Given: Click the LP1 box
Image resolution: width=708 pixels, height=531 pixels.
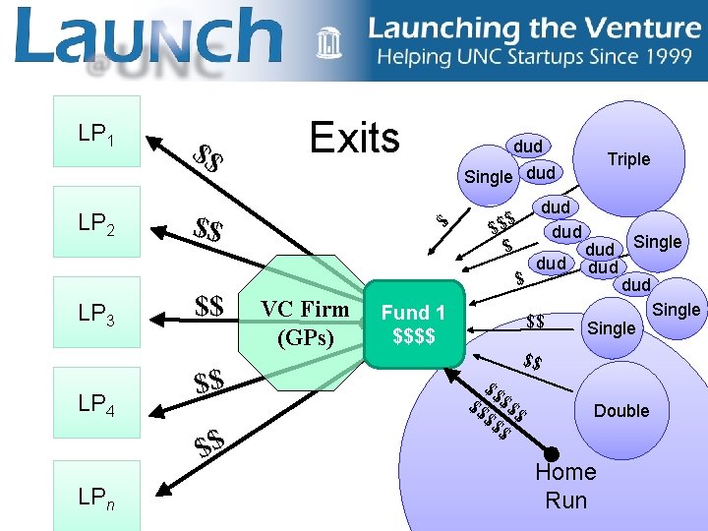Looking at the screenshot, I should tap(97, 131).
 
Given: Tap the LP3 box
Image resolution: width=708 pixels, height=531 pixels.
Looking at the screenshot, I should tap(97, 316).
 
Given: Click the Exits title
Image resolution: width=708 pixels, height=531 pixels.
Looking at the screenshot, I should tap(354, 139).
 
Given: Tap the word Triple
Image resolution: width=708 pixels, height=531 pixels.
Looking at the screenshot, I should tap(628, 159).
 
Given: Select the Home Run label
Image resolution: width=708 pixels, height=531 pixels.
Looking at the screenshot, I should tap(565, 487).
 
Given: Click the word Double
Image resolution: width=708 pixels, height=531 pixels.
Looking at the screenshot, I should tap(621, 410).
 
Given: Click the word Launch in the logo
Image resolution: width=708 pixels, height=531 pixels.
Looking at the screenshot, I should tap(147, 35).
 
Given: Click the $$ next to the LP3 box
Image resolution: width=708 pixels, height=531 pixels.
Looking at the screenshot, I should tap(209, 306).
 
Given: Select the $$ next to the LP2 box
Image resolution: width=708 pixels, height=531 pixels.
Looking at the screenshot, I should tap(207, 232).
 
